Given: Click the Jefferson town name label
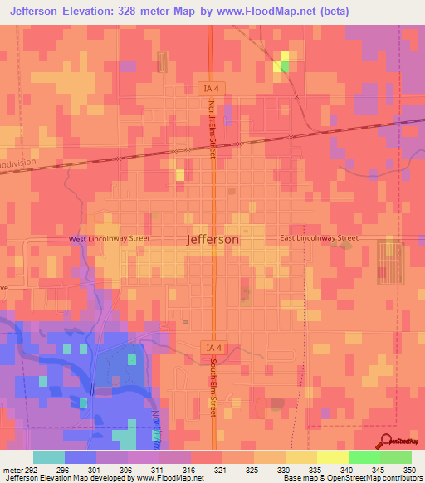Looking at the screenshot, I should pyautogui.click(x=213, y=239).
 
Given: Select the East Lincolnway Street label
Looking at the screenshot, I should pyautogui.click(x=318, y=238).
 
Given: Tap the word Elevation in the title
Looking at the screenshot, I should pyautogui.click(x=94, y=11).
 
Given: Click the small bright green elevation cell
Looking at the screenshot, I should pyautogui.click(x=286, y=67).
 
